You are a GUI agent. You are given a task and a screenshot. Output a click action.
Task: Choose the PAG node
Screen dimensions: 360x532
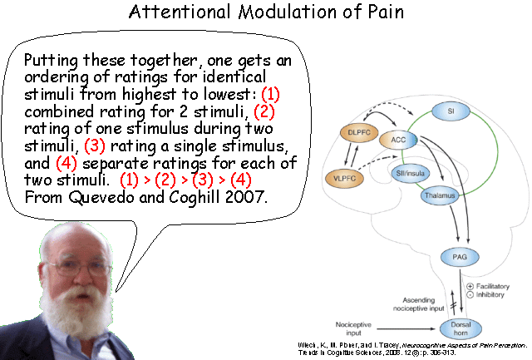point(460,257)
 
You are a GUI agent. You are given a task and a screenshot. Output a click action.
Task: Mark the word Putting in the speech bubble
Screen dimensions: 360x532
point(49,62)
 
